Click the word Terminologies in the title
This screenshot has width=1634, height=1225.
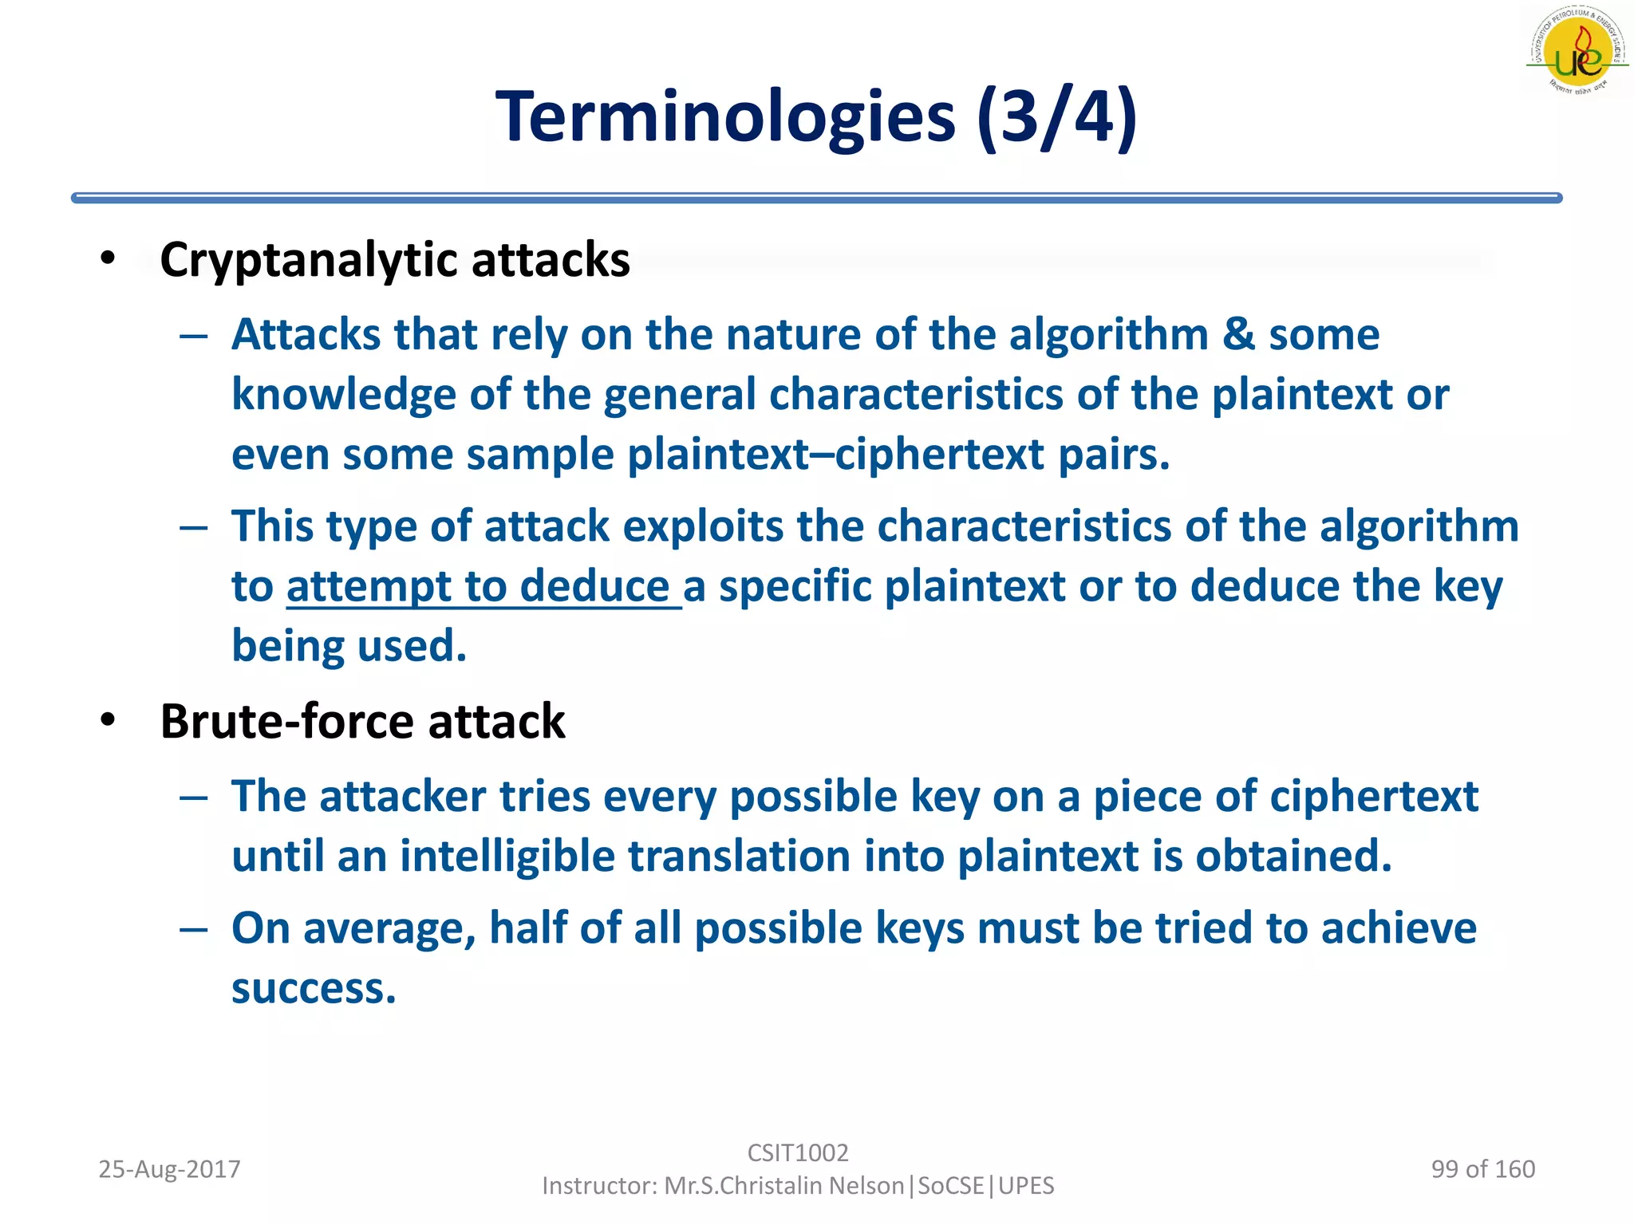tap(724, 117)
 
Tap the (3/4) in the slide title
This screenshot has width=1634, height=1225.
tap(1057, 117)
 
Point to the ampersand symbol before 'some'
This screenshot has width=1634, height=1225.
tap(1239, 334)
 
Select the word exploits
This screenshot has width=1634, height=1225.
tap(702, 526)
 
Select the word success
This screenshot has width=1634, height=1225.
tap(314, 989)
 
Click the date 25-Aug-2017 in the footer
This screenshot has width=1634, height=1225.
tap(169, 1169)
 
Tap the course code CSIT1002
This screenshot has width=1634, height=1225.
tap(798, 1153)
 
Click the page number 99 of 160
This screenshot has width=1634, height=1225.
tap(1482, 1169)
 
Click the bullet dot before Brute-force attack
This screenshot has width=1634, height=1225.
tap(109, 720)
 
